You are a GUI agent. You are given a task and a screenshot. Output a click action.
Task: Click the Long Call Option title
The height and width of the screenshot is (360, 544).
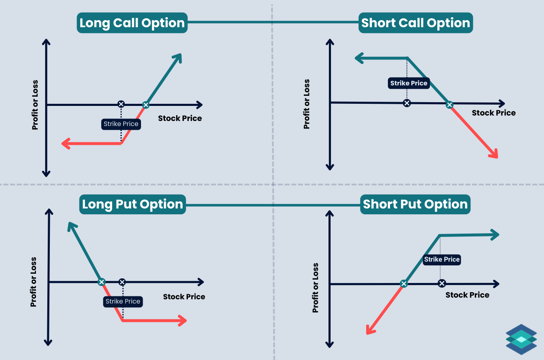pos(132,23)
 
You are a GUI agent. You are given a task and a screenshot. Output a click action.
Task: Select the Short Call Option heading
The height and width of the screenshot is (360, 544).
pos(416,23)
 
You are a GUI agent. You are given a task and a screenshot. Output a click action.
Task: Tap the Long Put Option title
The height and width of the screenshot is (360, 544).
pos(133,204)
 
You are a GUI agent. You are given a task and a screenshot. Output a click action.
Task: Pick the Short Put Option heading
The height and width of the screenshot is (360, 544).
pos(415,204)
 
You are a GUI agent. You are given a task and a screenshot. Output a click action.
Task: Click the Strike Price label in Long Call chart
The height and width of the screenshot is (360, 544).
pos(121,124)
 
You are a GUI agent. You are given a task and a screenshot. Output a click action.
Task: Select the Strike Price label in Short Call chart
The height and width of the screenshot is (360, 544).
pos(409,83)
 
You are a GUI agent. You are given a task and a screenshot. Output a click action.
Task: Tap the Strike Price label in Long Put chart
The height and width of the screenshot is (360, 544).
pos(123,301)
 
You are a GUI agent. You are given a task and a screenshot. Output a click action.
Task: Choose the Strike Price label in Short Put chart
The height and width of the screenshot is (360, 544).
pos(442,260)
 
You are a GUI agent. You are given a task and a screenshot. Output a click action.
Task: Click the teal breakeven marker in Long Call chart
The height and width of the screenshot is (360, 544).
pos(146,105)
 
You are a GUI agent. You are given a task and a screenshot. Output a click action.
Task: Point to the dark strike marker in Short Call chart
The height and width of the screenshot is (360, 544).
pos(406,103)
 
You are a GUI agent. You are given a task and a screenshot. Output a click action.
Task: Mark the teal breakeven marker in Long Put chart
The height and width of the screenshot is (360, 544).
pos(101,282)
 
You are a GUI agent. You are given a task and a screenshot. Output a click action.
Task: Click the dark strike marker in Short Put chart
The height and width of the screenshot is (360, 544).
pos(441,283)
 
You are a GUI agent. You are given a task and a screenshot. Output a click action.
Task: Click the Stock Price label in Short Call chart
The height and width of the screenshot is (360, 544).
pos(494,113)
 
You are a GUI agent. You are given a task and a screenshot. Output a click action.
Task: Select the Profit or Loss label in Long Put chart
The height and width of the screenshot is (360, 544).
pos(33,282)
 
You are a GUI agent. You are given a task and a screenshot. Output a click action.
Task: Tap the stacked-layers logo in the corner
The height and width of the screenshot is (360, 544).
pos(521,339)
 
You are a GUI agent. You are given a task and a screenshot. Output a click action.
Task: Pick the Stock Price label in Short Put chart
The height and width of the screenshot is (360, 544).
pos(467,295)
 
